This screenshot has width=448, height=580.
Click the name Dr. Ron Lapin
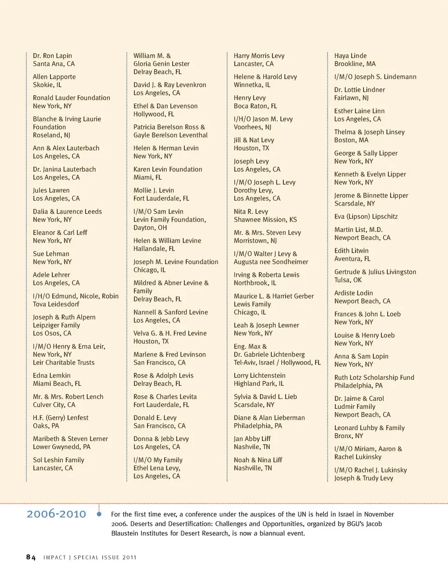tap(52, 56)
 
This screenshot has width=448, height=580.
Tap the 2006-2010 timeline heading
tap(56, 514)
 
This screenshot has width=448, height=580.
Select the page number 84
tap(31, 557)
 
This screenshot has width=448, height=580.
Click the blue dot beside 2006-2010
tap(99, 514)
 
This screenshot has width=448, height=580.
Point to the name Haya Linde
tap(350, 56)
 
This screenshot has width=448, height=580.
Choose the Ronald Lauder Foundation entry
tap(71, 98)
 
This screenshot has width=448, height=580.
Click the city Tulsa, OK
tap(348, 280)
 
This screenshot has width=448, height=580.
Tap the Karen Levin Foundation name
tap(168, 169)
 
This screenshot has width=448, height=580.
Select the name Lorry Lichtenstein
tap(259, 376)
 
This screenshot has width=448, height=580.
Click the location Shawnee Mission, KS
tap(265, 220)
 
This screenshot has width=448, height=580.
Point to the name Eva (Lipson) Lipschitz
tap(366, 217)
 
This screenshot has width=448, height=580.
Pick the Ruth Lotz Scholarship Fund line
tap(374, 377)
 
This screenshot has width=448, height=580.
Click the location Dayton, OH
tap(150, 228)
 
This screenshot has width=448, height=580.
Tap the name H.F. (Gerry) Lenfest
tap(61, 418)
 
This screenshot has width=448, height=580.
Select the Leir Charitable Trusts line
tap(63, 363)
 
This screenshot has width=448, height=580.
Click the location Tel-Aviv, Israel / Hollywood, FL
tap(277, 363)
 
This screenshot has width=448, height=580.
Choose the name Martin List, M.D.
tap(358, 230)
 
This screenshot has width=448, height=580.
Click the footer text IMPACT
tap(55, 558)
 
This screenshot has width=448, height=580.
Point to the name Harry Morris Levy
tap(259, 56)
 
